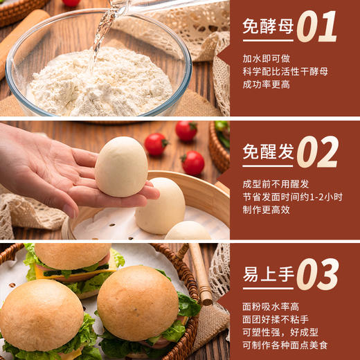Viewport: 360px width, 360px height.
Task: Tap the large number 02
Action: click(318, 152)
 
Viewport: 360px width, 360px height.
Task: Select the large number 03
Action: click(318, 275)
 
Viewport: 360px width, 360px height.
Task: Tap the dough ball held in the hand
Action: click(121, 166)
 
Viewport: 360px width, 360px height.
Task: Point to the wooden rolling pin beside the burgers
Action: click(201, 273)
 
